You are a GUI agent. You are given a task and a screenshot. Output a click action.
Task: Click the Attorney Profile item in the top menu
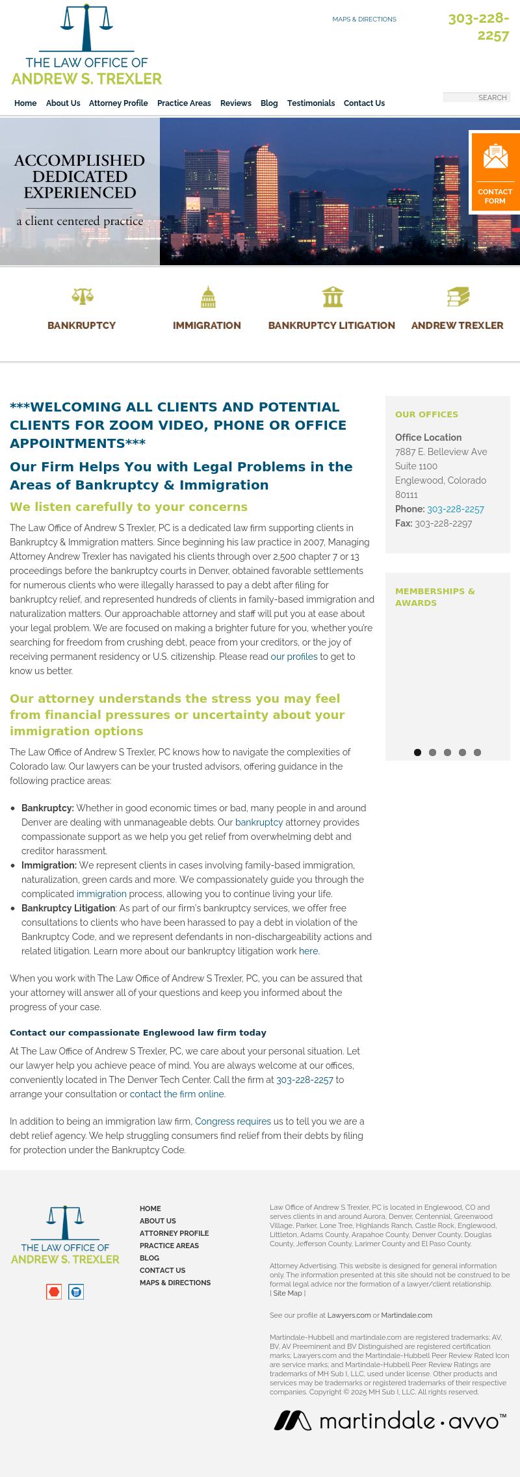click(118, 103)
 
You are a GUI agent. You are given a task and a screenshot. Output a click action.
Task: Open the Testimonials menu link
click(311, 103)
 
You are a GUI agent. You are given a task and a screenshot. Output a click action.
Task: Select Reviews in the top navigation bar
click(235, 103)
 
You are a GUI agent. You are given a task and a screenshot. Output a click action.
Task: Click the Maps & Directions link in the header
click(364, 20)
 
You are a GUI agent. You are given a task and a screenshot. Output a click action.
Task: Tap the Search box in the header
click(476, 98)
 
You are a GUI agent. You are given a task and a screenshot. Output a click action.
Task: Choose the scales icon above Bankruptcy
click(82, 296)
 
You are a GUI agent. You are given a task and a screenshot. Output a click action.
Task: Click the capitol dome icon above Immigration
click(207, 296)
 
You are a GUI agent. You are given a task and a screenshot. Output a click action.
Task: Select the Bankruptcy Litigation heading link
click(331, 326)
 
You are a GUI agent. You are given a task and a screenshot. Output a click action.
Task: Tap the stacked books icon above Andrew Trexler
click(458, 296)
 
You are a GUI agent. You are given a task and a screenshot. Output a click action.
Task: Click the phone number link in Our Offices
click(455, 509)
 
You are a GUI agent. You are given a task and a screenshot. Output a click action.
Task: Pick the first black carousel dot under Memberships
click(417, 752)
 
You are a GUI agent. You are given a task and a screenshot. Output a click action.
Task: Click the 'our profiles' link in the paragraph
click(294, 657)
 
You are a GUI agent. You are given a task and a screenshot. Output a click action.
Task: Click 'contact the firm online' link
click(177, 1094)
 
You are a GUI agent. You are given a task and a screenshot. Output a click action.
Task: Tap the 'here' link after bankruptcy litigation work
click(308, 951)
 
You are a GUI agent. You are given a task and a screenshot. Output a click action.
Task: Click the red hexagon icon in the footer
click(54, 1292)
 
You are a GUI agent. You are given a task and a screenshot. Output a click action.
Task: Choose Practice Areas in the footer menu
click(169, 1246)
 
